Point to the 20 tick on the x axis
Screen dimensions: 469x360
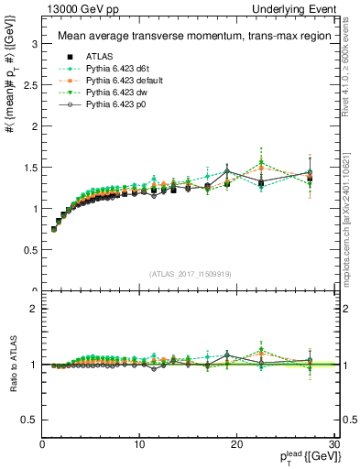pos(236,444)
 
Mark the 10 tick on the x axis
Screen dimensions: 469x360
pos(139,444)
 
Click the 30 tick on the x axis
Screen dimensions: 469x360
pos(333,444)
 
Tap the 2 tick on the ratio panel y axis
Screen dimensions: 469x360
pos(34,309)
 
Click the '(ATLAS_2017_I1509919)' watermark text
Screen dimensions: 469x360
pos(190,273)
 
